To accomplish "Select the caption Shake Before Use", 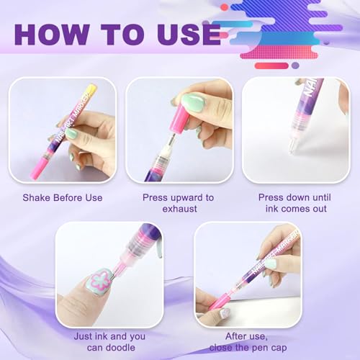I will pos(62,197).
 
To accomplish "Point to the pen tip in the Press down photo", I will pos(292,148).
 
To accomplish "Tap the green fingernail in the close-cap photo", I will pos(270,264).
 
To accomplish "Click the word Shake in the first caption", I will pos(37,197).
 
